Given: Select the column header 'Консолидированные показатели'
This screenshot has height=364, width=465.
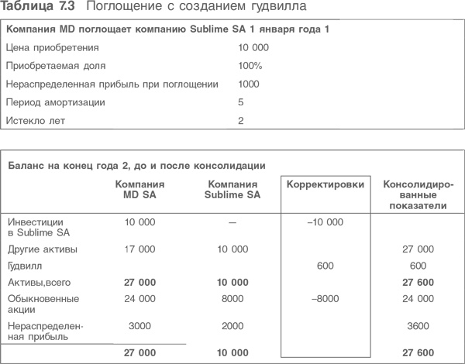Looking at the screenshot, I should [419, 195].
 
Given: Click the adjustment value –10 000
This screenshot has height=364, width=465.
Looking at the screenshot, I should [325, 222].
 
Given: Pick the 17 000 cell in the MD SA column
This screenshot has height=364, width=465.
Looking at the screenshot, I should [140, 249].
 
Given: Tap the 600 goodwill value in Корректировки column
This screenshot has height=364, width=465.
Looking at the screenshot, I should [325, 265].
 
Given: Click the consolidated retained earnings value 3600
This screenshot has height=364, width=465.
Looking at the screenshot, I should [419, 328].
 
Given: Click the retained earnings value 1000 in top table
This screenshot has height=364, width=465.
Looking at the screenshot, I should [250, 84].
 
